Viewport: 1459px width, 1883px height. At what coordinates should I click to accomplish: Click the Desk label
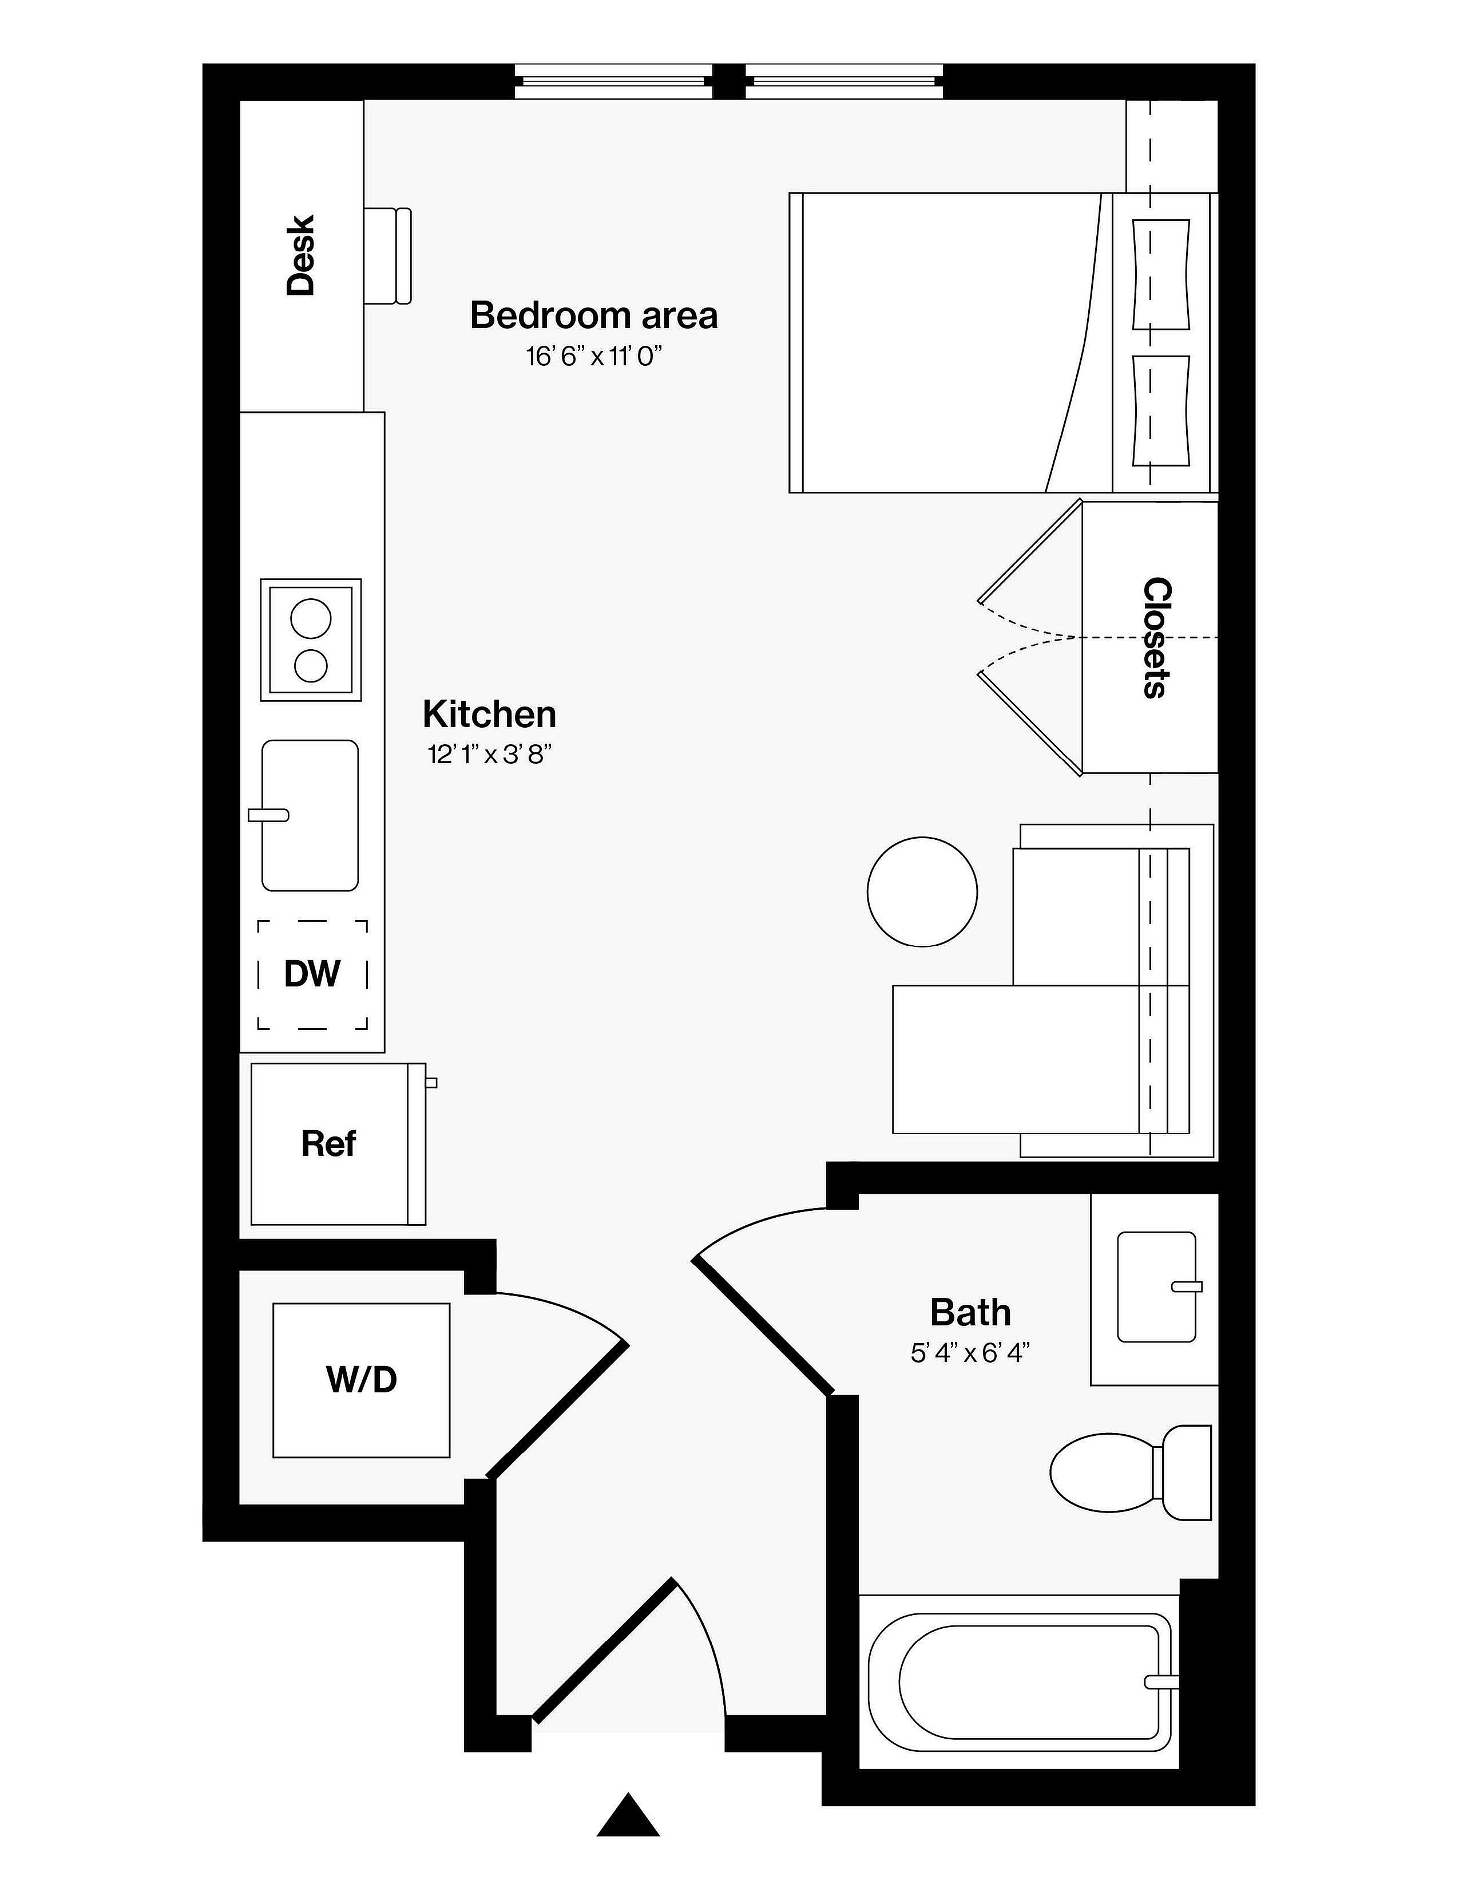click(x=301, y=255)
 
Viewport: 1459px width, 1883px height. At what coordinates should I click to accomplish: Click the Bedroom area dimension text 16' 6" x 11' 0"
click(x=594, y=356)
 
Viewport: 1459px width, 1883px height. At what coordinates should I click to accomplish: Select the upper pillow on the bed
click(x=1161, y=274)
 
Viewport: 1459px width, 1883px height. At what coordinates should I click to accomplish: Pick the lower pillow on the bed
click(x=1161, y=410)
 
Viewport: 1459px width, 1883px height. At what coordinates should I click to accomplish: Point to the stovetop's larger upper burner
click(x=310, y=619)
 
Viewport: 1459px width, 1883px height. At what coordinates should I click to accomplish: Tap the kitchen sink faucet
click(x=268, y=815)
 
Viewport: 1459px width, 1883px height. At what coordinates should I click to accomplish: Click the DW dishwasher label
click(x=312, y=974)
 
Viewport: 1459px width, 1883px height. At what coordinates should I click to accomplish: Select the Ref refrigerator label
click(x=328, y=1144)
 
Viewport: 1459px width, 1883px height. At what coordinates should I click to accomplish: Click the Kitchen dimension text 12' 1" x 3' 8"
click(x=489, y=755)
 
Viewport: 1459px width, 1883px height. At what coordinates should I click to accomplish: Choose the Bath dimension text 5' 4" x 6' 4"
click(x=970, y=1353)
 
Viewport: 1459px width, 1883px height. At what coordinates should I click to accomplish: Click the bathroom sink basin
click(x=1156, y=1287)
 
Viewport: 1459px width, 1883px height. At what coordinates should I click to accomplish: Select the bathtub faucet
click(x=1161, y=1682)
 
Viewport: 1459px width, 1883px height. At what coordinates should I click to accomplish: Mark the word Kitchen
click(x=489, y=714)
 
